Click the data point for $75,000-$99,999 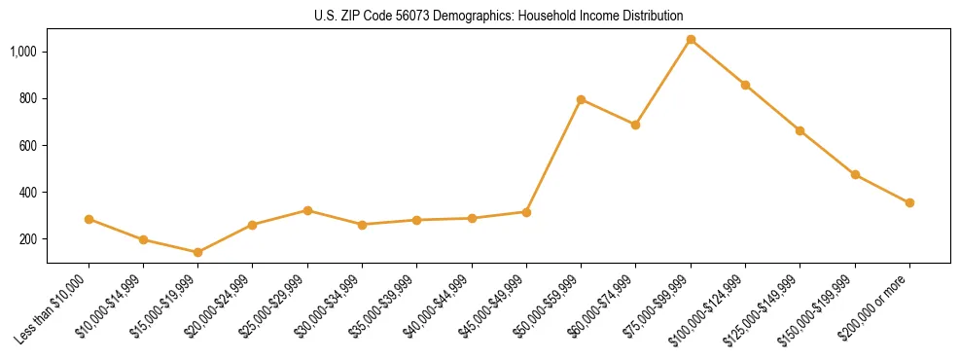tap(691, 40)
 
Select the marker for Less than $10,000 tap(89, 219)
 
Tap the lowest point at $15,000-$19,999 tap(197, 252)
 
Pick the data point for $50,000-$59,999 tap(581, 99)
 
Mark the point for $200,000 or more tap(909, 202)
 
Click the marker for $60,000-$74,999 tap(635, 125)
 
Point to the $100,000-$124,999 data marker tap(745, 85)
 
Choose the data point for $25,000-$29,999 tap(307, 210)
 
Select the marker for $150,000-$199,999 tap(855, 174)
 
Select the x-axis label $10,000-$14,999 tap(115, 306)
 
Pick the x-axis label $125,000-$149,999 tap(768, 307)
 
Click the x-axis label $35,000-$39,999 tap(388, 306)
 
